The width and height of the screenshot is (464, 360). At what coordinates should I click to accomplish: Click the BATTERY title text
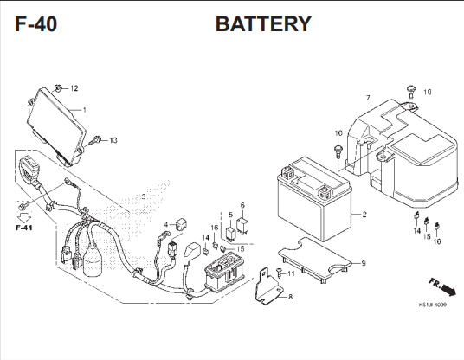[x=263, y=23]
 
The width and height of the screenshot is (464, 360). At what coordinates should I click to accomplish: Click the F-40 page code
[x=35, y=24]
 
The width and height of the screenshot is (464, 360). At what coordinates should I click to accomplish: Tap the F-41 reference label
[x=24, y=228]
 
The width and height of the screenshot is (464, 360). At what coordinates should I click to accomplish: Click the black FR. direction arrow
[x=448, y=290]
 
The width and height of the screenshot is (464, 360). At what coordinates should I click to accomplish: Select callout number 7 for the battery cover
[x=368, y=98]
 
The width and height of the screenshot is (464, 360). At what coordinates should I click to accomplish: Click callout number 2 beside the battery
[x=364, y=214]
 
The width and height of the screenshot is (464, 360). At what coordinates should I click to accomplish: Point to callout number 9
[x=364, y=263]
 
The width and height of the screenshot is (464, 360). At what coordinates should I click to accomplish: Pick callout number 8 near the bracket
[x=290, y=297]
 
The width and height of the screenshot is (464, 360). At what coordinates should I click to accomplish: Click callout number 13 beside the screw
[x=113, y=140]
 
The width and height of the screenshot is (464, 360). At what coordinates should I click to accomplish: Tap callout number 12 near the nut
[x=74, y=88]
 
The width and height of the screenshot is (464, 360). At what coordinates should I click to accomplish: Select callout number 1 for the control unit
[x=84, y=110]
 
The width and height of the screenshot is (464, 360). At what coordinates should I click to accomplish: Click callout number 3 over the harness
[x=144, y=196]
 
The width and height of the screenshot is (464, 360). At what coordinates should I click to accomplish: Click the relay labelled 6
[x=242, y=225]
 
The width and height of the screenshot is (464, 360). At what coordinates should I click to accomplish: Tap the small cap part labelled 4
[x=182, y=224]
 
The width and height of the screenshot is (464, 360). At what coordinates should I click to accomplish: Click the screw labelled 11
[x=279, y=273]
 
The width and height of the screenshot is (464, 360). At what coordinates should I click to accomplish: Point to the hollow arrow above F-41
[x=24, y=218]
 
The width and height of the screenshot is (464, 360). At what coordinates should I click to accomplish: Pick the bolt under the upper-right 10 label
[x=410, y=92]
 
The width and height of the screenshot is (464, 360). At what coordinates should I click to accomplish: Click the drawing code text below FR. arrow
[x=433, y=305]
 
